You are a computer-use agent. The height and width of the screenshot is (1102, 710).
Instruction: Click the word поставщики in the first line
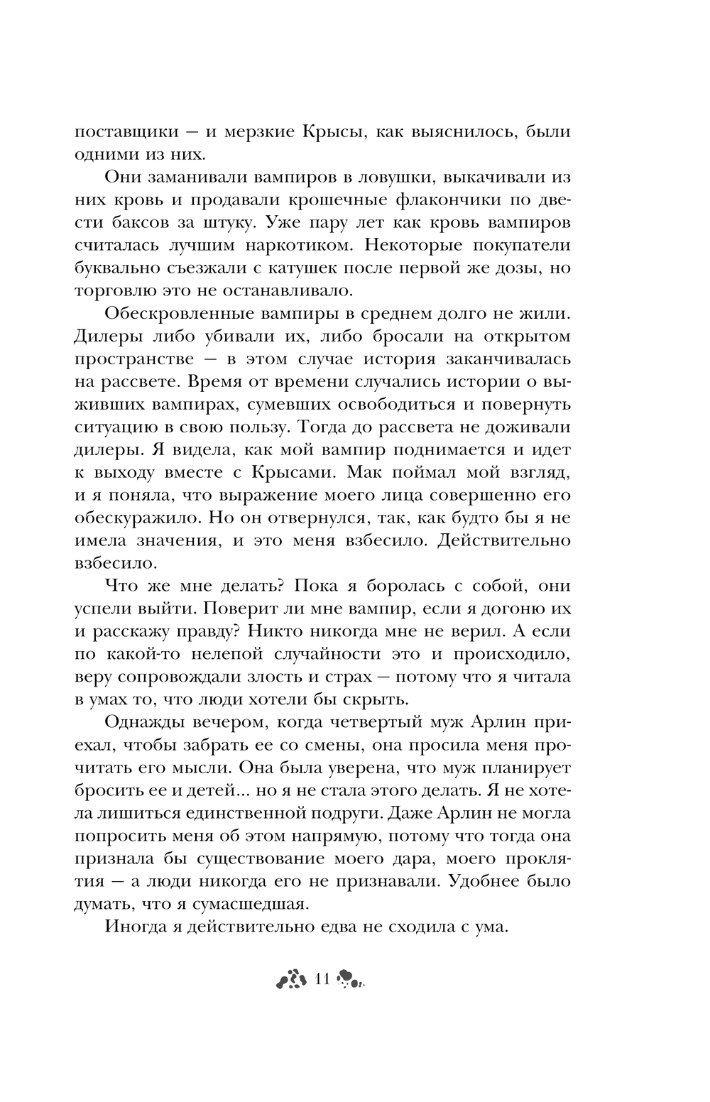coord(129,132)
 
